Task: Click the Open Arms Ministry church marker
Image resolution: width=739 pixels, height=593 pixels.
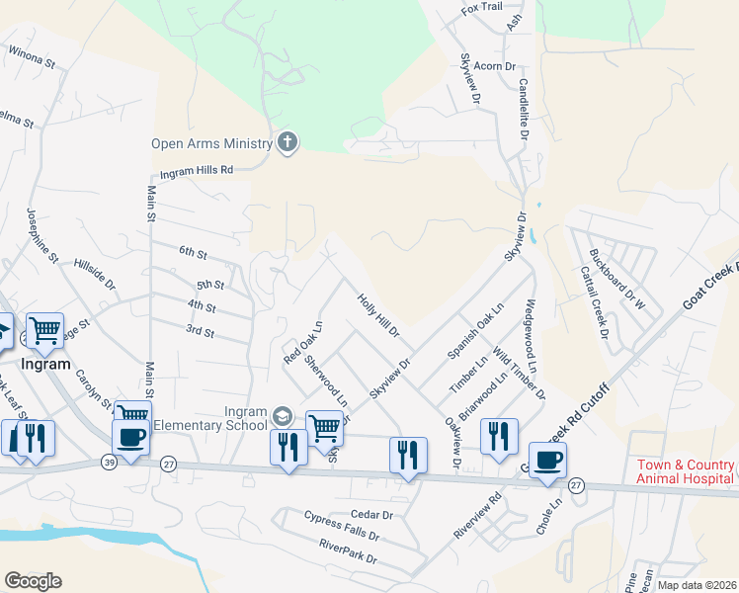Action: (287, 143)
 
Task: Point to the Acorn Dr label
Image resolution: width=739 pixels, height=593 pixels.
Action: (496, 65)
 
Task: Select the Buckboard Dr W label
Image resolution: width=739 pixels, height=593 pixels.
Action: (616, 279)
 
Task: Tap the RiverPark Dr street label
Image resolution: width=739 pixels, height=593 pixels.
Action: (348, 557)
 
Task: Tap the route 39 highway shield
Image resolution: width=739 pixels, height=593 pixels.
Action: (108, 463)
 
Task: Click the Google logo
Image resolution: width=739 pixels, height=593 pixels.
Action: (33, 581)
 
